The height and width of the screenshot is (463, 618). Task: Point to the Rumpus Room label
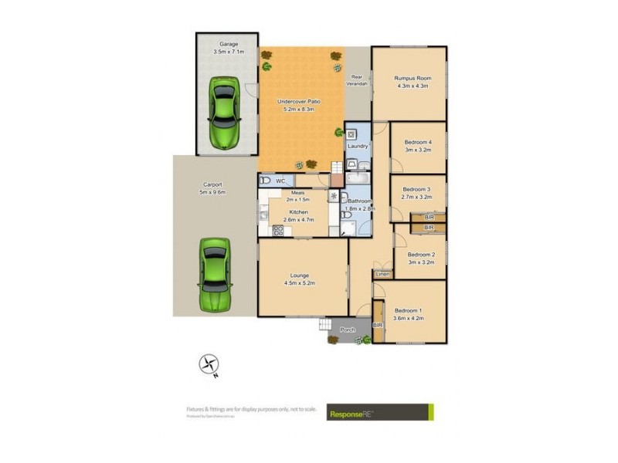coord(412,81)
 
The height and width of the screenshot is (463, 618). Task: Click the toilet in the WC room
coord(265,181)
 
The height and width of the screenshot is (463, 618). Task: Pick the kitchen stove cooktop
coord(277,229)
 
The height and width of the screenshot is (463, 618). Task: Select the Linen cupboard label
coord(382,274)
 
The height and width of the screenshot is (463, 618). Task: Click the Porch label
coord(348,330)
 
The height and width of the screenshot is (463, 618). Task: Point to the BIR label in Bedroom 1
coord(378,326)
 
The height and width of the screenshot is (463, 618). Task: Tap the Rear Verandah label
coord(357,80)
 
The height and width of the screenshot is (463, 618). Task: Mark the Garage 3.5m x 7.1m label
coord(228,48)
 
